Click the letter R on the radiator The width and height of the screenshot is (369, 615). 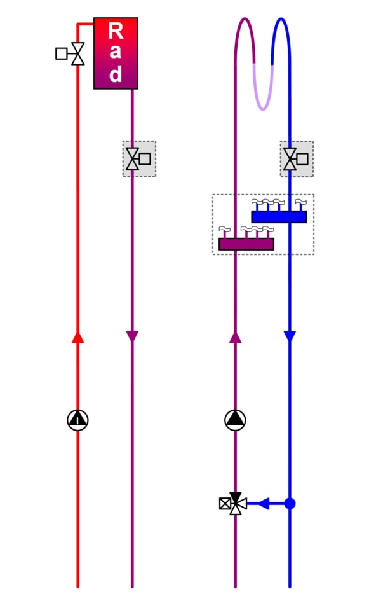point(116,31)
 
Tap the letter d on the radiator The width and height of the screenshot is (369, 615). point(116,73)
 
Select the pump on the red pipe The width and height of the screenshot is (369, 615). point(77,420)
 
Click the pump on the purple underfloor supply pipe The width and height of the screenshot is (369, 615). point(235,420)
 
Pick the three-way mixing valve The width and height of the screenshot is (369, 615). point(236,504)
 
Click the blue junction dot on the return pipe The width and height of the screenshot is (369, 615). point(290,504)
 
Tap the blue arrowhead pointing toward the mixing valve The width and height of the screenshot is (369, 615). point(264,504)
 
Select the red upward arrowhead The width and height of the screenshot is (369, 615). point(77,337)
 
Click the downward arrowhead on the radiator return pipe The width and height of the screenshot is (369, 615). point(132,336)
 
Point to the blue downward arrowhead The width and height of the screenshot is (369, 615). point(290,336)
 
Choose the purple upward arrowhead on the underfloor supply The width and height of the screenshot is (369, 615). point(235,337)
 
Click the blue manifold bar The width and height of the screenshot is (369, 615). point(279,217)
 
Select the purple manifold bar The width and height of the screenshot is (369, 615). point(246,244)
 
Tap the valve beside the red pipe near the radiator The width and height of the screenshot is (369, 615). point(78,53)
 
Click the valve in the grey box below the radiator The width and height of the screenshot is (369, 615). point(132,159)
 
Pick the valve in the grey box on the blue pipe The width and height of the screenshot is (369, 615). point(290,159)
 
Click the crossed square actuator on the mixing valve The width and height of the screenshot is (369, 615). point(225,504)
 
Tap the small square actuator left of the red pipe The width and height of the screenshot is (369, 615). point(61,53)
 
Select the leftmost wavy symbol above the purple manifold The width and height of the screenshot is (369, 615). point(224,229)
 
